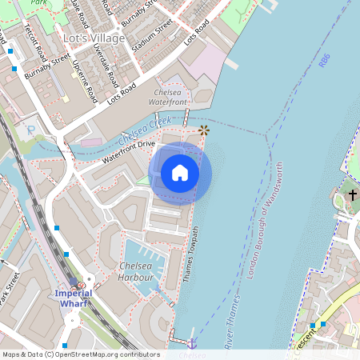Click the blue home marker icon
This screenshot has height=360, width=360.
[x=180, y=173]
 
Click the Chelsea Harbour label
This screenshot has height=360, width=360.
[x=135, y=270]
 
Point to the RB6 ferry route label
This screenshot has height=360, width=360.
[x=323, y=60]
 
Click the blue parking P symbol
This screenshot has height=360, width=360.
[x=30, y=130]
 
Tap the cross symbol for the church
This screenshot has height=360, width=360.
[x=352, y=194]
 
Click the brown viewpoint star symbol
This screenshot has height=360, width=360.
[x=203, y=129]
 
